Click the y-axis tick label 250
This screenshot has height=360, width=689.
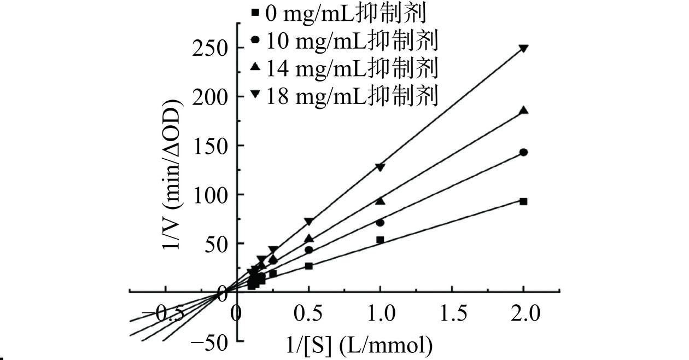[x=211, y=48]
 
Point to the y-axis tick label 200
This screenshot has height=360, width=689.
[x=211, y=97]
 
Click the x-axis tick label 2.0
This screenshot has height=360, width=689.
[x=523, y=313]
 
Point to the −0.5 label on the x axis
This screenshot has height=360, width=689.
[x=161, y=313]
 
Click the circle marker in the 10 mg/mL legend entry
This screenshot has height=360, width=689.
[x=255, y=39]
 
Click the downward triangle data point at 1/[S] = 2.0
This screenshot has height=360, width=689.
[x=523, y=48]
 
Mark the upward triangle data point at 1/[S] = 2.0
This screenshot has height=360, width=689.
[x=523, y=111]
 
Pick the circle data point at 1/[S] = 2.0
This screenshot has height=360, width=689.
[x=523, y=152]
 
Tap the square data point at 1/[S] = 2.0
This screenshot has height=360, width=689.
[x=523, y=201]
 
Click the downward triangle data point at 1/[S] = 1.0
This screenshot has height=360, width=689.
[x=380, y=167]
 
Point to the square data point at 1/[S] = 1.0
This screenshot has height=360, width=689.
[x=380, y=240]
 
